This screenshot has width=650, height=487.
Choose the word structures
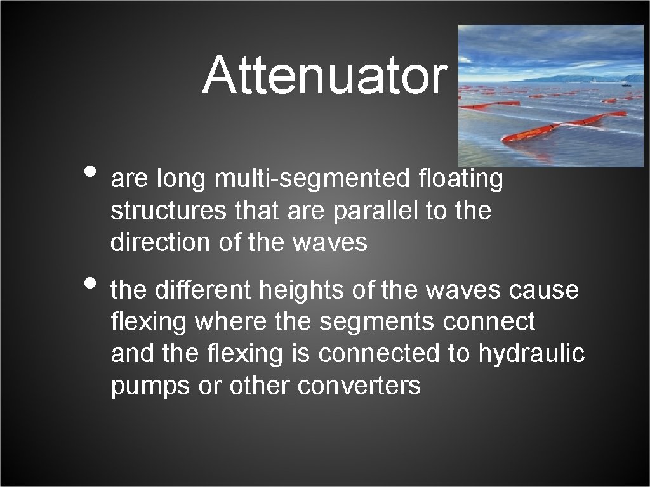click(x=169, y=211)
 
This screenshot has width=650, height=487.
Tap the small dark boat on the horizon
click(x=626, y=83)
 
